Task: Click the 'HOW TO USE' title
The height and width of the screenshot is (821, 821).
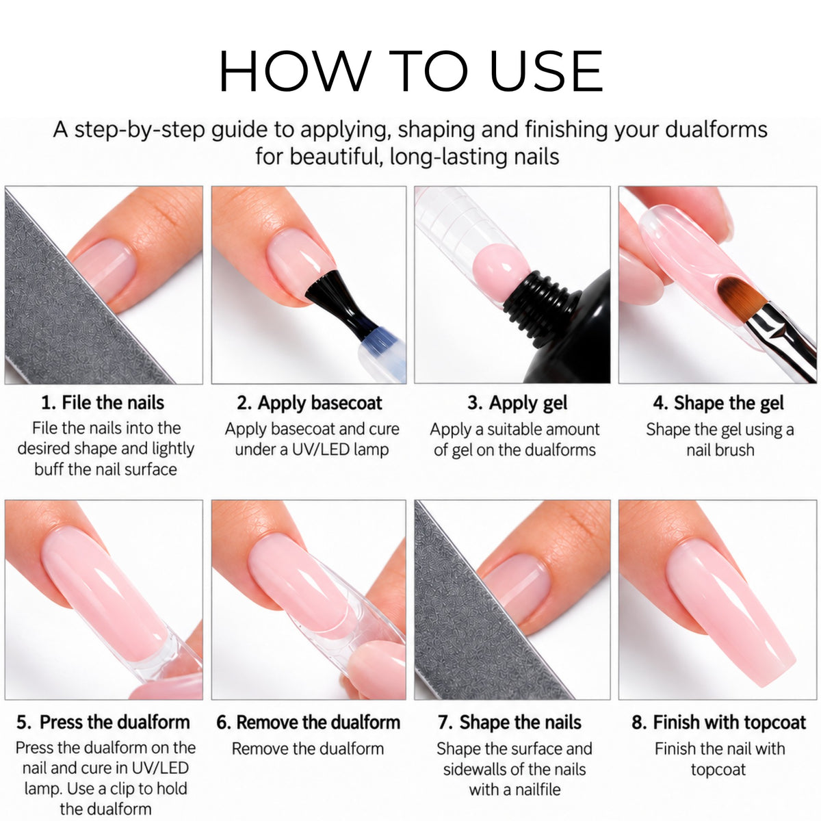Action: point(410,70)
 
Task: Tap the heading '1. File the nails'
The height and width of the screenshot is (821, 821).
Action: point(103,402)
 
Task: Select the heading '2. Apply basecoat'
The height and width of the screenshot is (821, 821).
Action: point(309,403)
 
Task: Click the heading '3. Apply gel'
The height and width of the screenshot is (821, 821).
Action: point(517,403)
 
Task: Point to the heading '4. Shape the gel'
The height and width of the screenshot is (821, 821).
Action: point(718,403)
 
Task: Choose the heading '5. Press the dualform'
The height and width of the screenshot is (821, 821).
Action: point(103,722)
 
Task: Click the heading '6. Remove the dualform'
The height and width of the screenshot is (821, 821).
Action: point(308,722)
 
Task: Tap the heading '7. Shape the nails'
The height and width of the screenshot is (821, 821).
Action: point(510,722)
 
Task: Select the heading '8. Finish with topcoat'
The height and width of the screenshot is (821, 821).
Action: point(719,722)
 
